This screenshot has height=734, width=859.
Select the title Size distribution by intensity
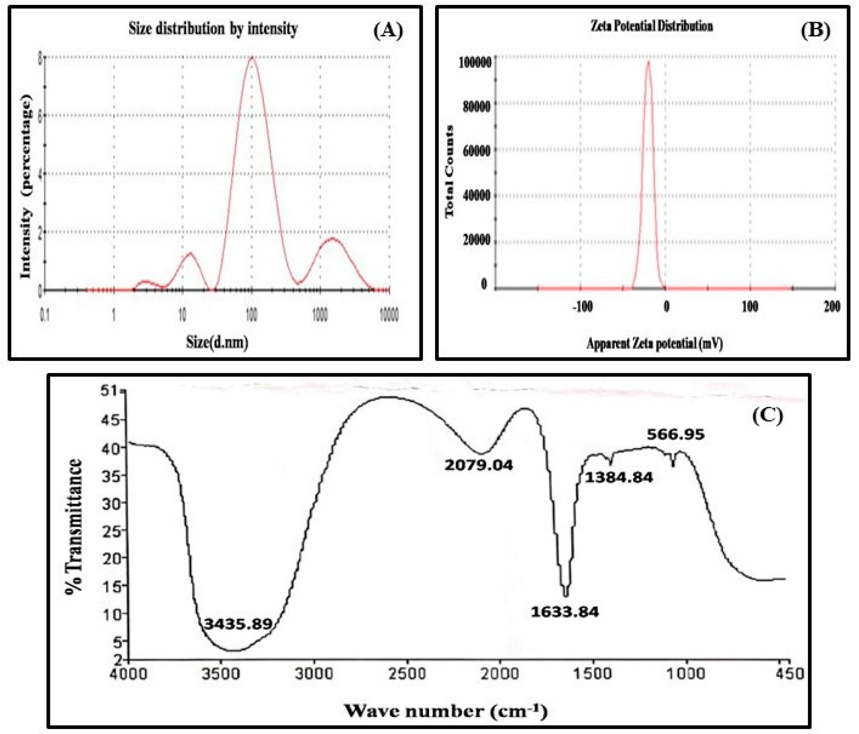click(x=213, y=29)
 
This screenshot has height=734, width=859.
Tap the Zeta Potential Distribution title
click(x=651, y=26)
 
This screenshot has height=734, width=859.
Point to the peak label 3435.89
click(x=238, y=623)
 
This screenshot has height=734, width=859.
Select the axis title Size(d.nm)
click(x=217, y=342)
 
